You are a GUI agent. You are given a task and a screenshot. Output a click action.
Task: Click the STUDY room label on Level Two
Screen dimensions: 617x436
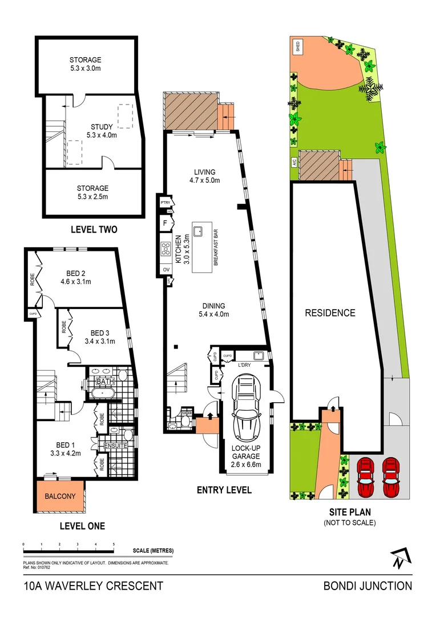pos(102,127)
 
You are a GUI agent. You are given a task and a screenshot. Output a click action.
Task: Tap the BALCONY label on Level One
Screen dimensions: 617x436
pos(60,496)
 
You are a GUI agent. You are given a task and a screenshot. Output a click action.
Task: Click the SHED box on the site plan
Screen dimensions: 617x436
pos(297,46)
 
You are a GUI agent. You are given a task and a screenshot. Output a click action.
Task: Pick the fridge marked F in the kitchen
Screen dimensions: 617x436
pos(165,223)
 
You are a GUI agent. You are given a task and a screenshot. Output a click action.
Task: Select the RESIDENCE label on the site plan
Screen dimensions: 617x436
pos(329,313)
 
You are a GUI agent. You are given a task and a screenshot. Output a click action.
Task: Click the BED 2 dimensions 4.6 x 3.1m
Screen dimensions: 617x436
pos(75,282)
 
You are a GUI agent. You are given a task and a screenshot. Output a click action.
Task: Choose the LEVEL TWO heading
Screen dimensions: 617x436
pos(94,230)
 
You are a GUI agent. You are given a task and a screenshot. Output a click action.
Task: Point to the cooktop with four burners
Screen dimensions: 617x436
pos(167,249)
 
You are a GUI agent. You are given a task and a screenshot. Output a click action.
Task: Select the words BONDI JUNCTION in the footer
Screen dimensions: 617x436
pos(367,586)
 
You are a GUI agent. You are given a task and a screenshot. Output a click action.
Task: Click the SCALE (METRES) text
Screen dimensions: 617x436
pos(153,551)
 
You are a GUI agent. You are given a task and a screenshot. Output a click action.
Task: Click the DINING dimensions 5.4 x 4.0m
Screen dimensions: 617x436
pos(212,314)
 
